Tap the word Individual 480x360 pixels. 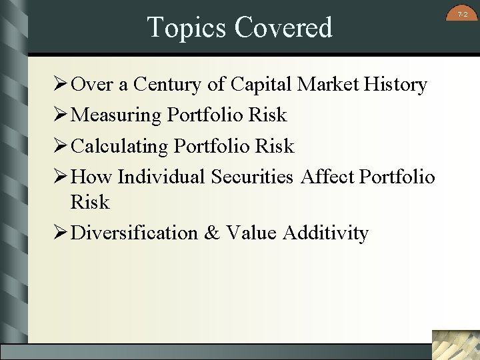point(161,177)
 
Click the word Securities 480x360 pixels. point(252,177)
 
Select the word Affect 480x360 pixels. point(327,177)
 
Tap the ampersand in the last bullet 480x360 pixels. point(212,233)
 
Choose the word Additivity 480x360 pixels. point(325,233)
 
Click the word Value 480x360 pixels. point(251,233)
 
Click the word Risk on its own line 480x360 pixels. point(90,202)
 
